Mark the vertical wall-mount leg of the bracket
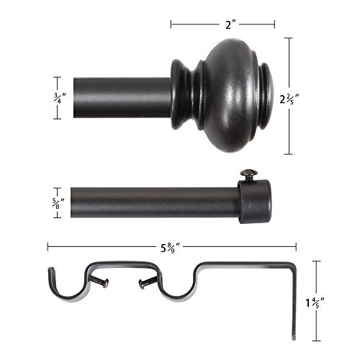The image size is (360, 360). [294, 302]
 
